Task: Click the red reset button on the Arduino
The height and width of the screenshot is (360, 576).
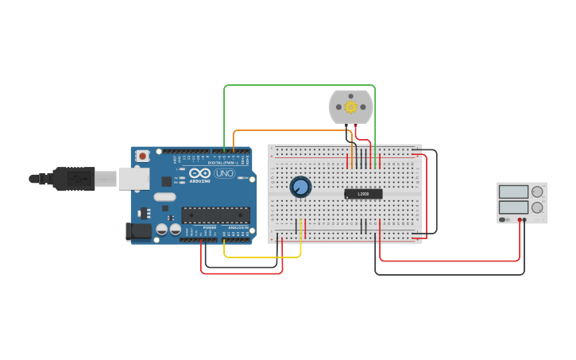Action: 143,156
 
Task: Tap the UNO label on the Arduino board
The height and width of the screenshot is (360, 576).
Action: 225,173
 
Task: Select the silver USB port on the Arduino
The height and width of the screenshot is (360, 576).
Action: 133,179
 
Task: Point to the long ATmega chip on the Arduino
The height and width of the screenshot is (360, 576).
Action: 215,215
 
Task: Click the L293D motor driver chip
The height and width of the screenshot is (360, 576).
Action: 363,194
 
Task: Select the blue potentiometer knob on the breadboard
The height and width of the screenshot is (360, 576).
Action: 300,187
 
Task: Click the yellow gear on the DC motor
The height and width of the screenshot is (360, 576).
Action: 350,106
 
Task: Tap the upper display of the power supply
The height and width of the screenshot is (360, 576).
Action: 512,192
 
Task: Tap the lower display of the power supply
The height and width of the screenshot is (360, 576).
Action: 512,207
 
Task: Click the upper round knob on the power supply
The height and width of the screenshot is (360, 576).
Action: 537,192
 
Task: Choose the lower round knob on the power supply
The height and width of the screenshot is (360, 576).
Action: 537,207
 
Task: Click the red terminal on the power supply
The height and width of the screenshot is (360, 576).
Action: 520,220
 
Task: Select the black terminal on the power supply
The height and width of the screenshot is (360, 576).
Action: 524,220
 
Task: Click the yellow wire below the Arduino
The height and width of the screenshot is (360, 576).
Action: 262,257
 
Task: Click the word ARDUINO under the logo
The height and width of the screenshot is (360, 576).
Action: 200,181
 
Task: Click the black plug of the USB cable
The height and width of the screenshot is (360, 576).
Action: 75,179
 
